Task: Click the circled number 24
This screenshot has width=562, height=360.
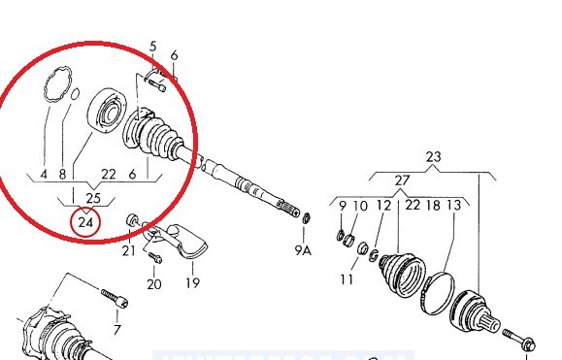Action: [x=85, y=222]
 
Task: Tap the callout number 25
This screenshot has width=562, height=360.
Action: [x=93, y=198]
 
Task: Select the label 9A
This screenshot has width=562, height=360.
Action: [x=303, y=250]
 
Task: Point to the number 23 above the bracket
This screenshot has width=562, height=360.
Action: [x=433, y=157]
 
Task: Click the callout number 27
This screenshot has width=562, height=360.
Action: [x=402, y=180]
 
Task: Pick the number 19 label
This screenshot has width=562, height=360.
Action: [x=192, y=283]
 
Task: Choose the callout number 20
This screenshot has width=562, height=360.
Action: [x=154, y=284]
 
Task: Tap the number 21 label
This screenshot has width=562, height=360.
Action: [x=129, y=250]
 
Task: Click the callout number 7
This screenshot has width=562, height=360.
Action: [x=116, y=329]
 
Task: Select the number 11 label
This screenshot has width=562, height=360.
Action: [x=347, y=278]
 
